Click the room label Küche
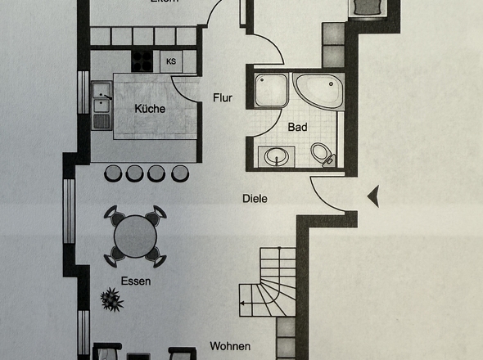(x=150, y=109)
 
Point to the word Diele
(x=255, y=198)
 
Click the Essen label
(x=136, y=280)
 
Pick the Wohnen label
(x=229, y=346)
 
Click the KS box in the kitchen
(x=171, y=61)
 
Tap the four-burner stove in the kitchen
(x=142, y=61)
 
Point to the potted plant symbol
(x=109, y=299)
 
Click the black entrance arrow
(x=373, y=196)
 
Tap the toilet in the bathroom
(x=323, y=153)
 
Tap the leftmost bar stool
(x=114, y=173)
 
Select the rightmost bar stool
(x=178, y=173)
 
